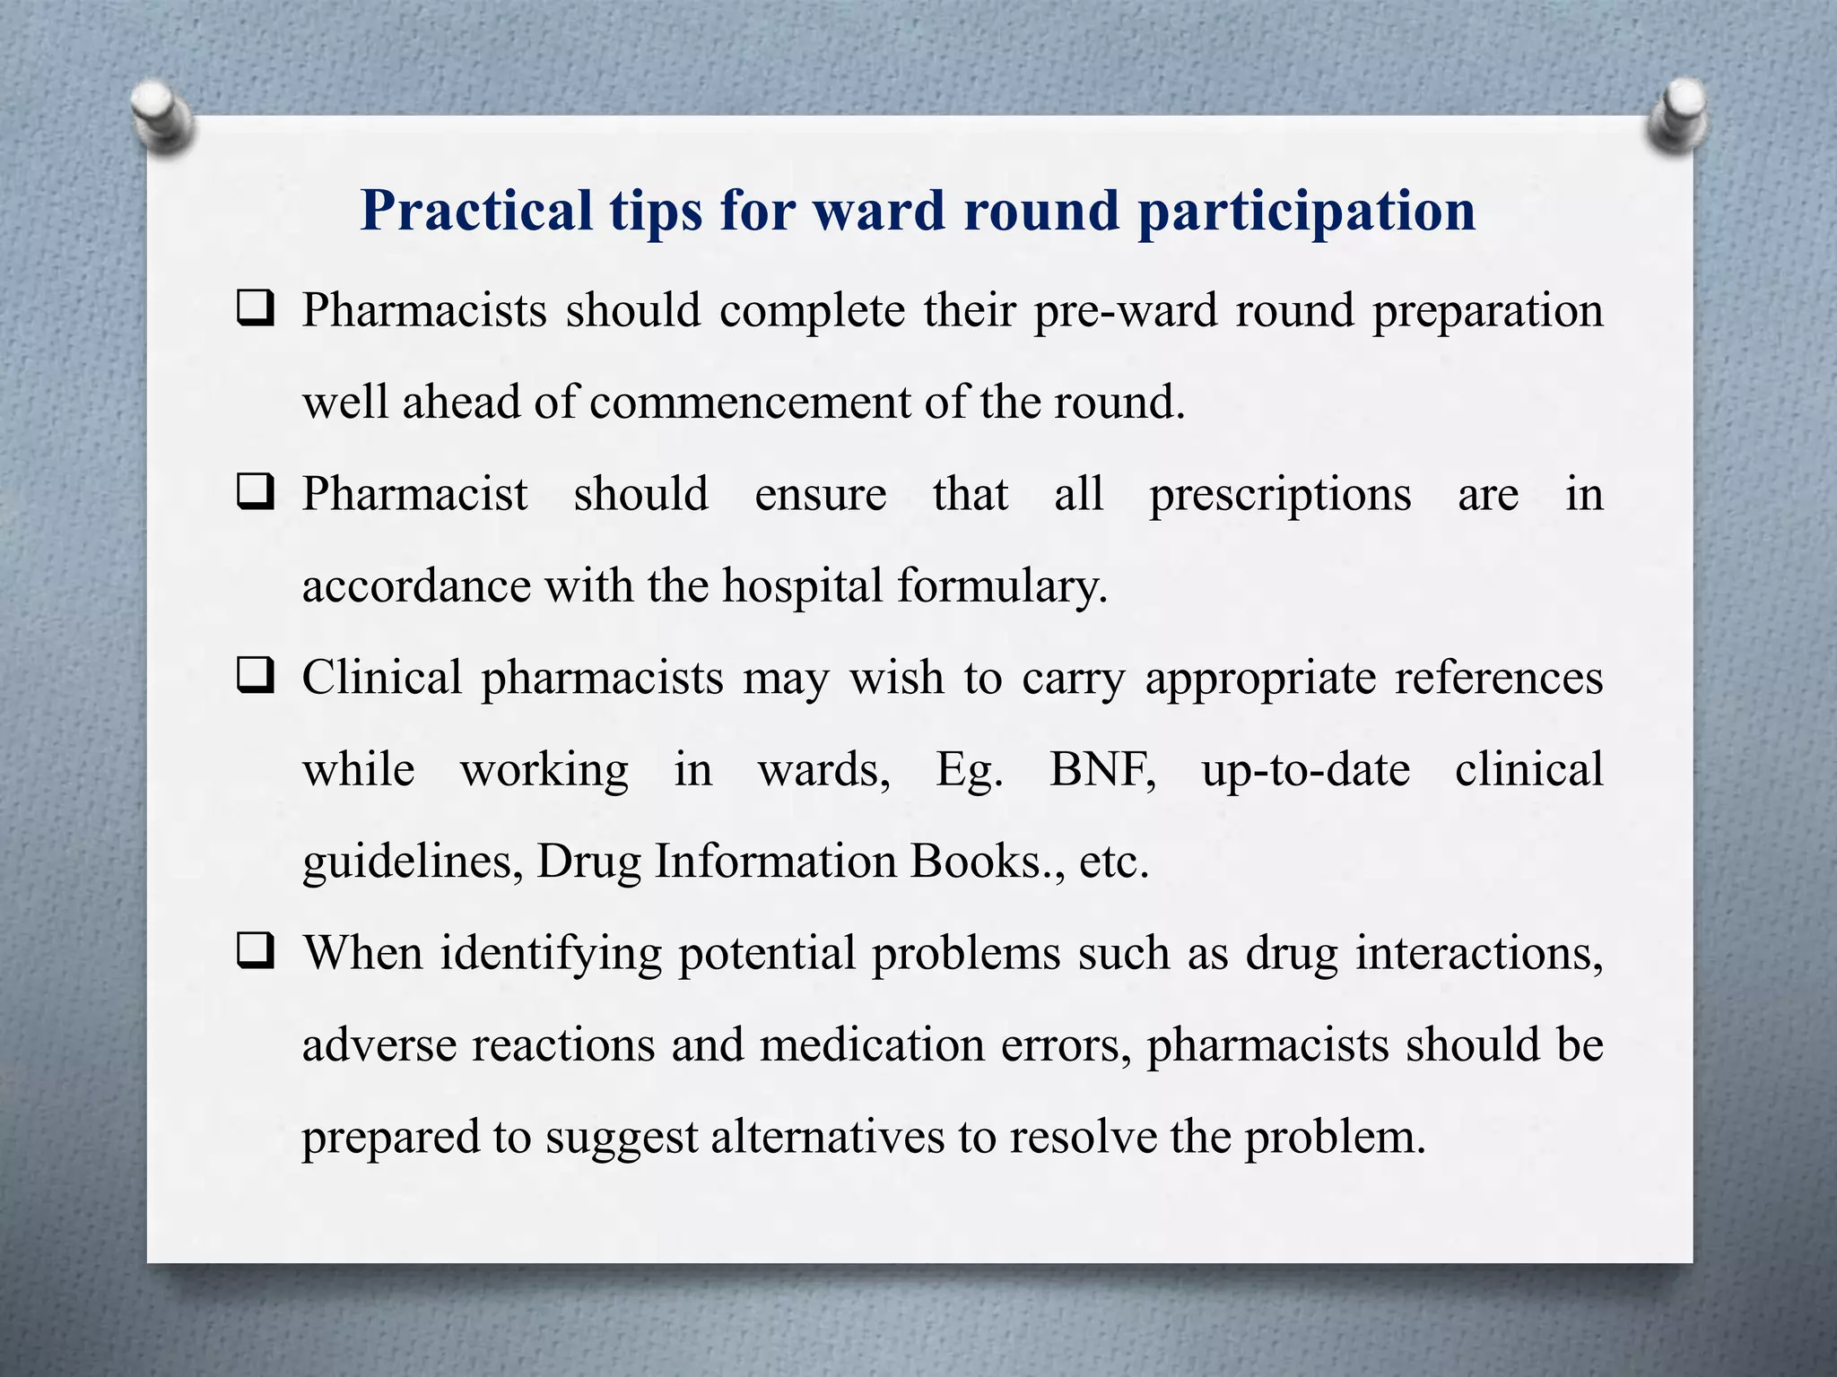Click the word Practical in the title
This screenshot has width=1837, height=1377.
tap(476, 212)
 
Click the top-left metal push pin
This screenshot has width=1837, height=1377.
tap(160, 117)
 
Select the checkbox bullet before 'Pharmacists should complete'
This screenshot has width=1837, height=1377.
tap(256, 310)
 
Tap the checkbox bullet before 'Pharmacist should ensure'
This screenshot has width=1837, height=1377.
tap(256, 494)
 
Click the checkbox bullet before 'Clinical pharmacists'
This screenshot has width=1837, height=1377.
tap(256, 678)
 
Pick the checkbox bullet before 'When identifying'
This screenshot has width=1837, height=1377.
tap(256, 953)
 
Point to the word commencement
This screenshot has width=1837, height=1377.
tap(749, 403)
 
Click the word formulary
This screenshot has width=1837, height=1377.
tap(1002, 587)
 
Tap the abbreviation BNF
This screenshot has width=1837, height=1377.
tap(1102, 770)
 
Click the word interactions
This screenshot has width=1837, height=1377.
tap(1478, 953)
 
